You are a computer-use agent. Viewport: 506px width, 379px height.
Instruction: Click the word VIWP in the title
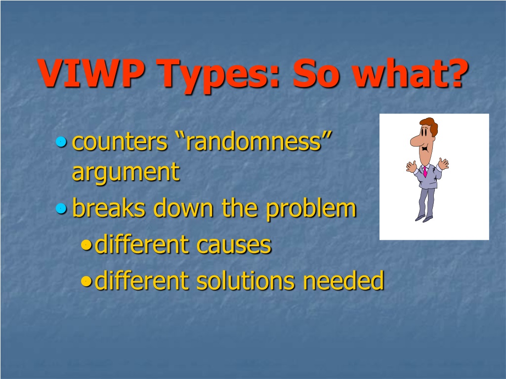(x=91, y=73)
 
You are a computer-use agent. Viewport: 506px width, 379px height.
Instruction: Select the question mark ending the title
(x=455, y=73)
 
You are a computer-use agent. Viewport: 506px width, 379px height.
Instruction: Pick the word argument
(x=126, y=172)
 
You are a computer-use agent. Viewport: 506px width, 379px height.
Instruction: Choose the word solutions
(x=245, y=280)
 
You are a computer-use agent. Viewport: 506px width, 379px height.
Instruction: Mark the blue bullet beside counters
(x=61, y=142)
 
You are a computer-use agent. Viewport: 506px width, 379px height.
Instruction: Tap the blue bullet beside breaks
(x=61, y=209)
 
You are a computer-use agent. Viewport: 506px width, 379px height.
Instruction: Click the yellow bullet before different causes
(x=86, y=245)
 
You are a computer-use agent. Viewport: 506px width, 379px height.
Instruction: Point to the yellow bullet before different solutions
(x=86, y=281)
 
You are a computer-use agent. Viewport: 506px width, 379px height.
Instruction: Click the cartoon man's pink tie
(x=425, y=171)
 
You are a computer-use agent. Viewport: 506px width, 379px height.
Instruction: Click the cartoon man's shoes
(x=423, y=219)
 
